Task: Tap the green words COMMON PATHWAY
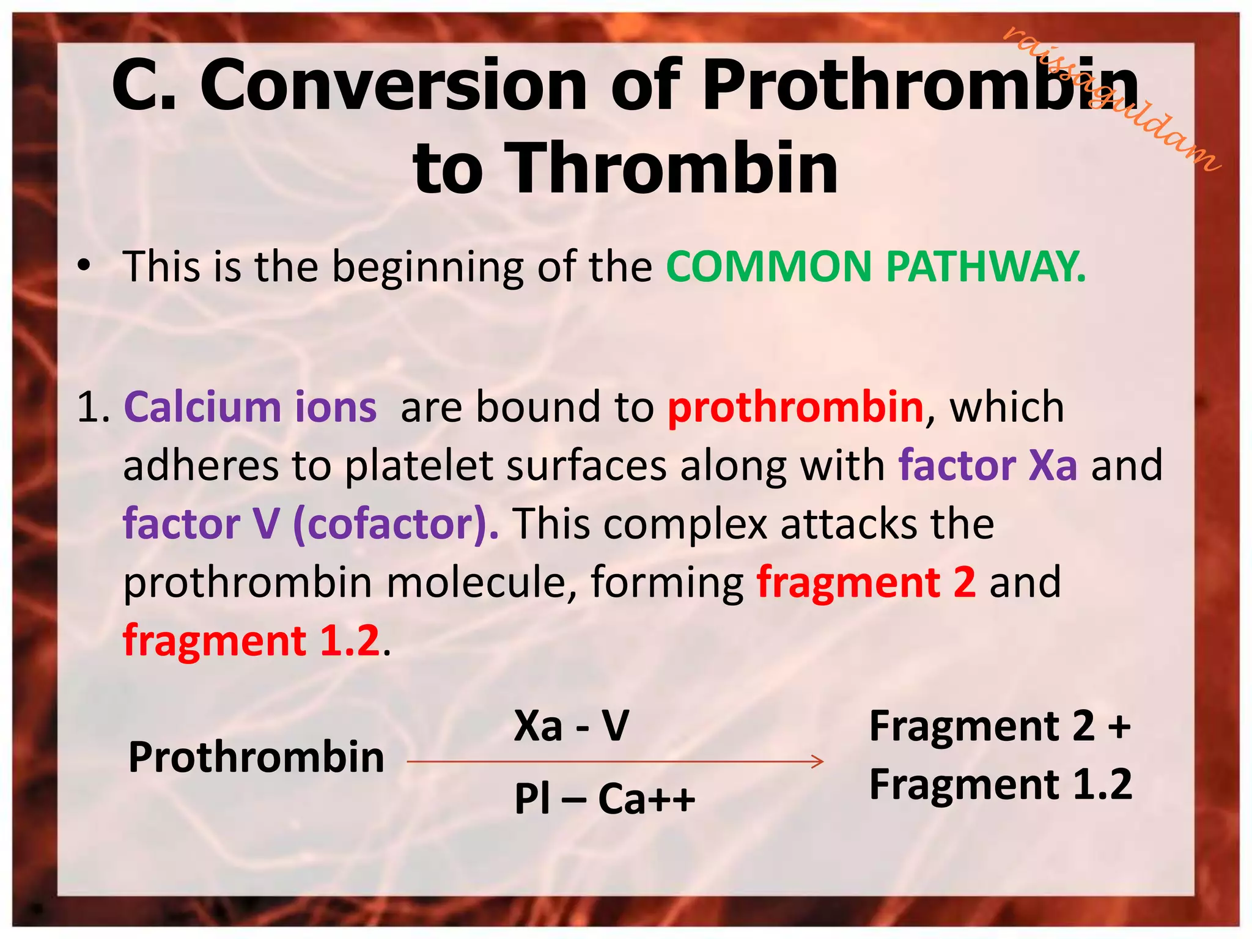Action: [x=875, y=267]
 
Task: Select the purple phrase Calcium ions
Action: [x=250, y=407]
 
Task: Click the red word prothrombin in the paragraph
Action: [x=795, y=407]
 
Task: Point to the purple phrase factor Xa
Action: [x=987, y=465]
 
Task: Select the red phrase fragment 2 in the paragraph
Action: [x=866, y=582]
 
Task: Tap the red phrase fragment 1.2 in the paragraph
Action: [x=251, y=641]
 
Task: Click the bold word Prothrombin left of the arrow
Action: [x=256, y=757]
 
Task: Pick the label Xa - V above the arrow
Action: [x=571, y=726]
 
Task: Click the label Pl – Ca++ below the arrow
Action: [x=605, y=799]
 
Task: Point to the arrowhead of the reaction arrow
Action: [x=819, y=762]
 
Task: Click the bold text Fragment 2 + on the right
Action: [x=1000, y=726]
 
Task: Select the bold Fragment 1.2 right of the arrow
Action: [x=1001, y=784]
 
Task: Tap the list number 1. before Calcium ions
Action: [x=93, y=408]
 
